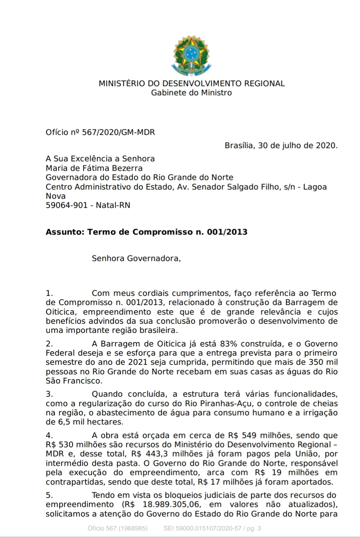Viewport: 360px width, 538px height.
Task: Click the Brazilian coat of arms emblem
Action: tap(191, 55)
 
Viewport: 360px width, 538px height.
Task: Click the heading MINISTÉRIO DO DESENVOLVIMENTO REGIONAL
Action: tap(192, 83)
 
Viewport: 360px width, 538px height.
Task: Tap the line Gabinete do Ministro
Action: tap(192, 92)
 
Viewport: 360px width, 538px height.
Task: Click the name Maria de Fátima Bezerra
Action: tap(94, 168)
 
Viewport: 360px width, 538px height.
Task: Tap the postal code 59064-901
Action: tap(67, 205)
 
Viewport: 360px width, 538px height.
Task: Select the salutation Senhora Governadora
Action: tap(136, 258)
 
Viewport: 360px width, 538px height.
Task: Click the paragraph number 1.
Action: tap(49, 293)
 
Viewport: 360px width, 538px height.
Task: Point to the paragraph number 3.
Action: tap(49, 394)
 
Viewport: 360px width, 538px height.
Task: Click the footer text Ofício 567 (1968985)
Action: tap(118, 528)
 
